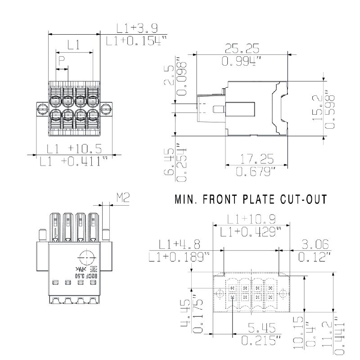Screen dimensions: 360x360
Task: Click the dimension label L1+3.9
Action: [137, 28]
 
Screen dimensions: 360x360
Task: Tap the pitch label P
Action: [62, 60]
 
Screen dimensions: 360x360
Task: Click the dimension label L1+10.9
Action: [251, 219]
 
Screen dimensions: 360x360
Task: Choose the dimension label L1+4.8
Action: [180, 244]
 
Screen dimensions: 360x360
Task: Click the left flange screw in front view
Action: [41, 108]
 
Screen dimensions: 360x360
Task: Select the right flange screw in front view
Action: [107, 108]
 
